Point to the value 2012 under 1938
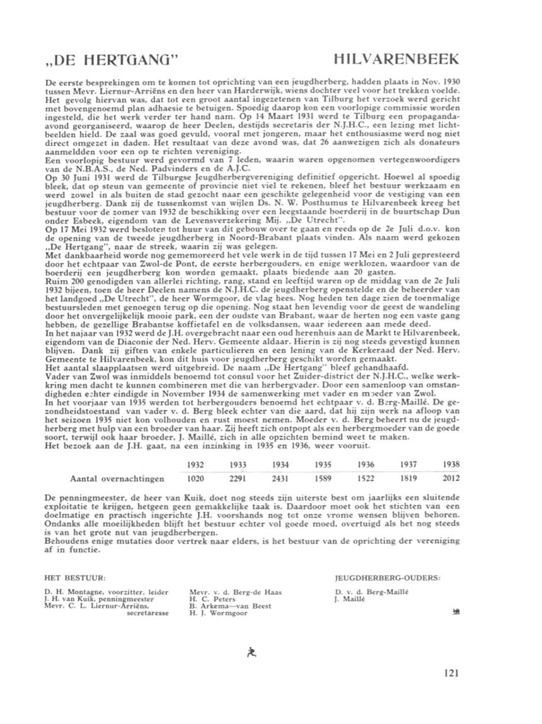451,478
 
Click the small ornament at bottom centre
251,652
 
